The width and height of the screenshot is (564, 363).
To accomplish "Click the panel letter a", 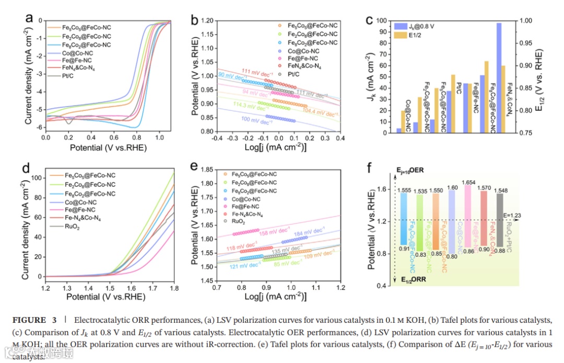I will click(x=29, y=19).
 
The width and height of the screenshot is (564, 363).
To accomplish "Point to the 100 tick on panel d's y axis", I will click(x=37, y=178).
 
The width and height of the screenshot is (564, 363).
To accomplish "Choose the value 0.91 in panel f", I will click(x=403, y=248).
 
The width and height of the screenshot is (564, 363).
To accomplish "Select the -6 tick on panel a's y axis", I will click(x=39, y=128).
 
